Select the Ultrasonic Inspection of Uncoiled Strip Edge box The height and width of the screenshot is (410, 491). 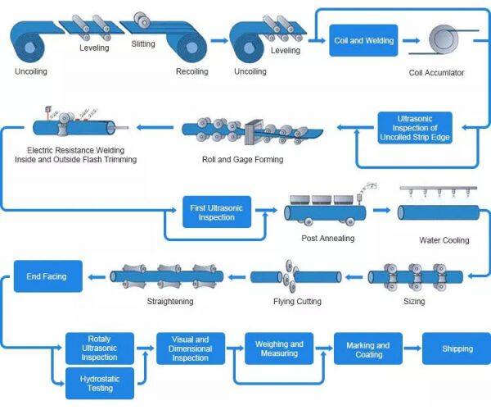click(x=414, y=128)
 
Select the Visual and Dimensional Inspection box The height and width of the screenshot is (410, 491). click(x=189, y=348)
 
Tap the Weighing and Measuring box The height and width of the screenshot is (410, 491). click(x=279, y=348)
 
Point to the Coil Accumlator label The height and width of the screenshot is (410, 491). click(x=436, y=73)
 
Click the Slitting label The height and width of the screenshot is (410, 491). click(x=143, y=44)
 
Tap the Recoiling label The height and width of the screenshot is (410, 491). click(x=192, y=71)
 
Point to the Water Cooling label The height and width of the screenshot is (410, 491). click(x=444, y=240)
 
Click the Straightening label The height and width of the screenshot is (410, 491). click(x=169, y=302)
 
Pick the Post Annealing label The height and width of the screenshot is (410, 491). click(x=327, y=238)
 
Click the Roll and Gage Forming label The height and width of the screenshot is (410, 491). click(x=242, y=159)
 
